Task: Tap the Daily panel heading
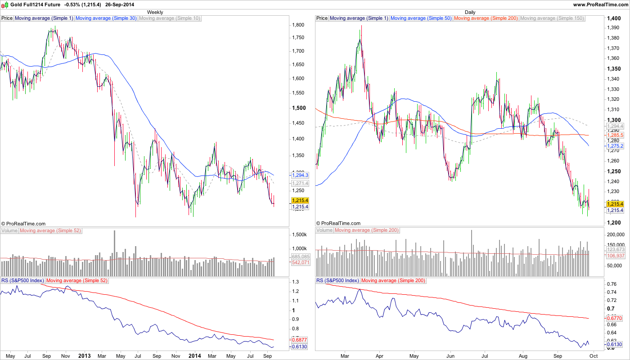pos(470,12)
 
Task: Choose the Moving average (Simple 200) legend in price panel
pos(486,18)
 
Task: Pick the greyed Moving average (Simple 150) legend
pos(552,18)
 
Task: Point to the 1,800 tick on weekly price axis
pos(298,25)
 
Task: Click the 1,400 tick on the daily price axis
pos(613,18)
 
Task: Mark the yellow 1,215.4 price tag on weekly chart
pos(300,200)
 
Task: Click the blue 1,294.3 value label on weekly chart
pos(300,175)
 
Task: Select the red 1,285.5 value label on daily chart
pos(615,135)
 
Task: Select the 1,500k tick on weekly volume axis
pos(299,235)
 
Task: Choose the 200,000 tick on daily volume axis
pos(616,235)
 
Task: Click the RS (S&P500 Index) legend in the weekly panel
pos(22,280)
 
